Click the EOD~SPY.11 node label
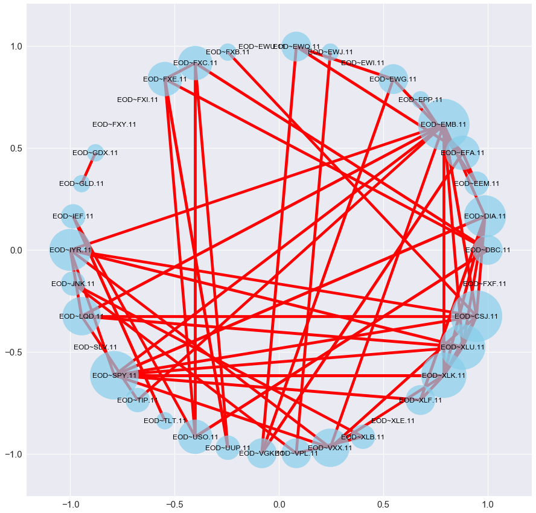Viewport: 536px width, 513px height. pyautogui.click(x=115, y=375)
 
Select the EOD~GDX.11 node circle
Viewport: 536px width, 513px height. pyautogui.click(x=95, y=152)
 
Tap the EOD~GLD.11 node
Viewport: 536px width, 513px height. pyautogui.click(x=81, y=183)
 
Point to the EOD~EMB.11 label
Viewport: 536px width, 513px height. pyautogui.click(x=444, y=125)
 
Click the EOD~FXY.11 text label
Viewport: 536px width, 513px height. pyautogui.click(x=114, y=125)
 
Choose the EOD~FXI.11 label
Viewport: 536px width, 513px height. pyautogui.click(x=137, y=100)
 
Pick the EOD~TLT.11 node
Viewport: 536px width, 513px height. pyautogui.click(x=165, y=421)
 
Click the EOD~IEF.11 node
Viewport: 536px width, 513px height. pyautogui.click(x=73, y=215)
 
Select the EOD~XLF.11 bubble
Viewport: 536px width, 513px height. pyautogui.click(x=421, y=400)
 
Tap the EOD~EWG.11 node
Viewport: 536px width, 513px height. pyautogui.click(x=393, y=79)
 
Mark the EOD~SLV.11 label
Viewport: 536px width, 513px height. pyautogui.click(x=95, y=348)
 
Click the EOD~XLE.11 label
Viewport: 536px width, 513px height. pyautogui.click(x=393, y=421)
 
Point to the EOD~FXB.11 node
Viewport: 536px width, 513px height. pyautogui.click(x=228, y=52)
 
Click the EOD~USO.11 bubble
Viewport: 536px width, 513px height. pyautogui.click(x=195, y=436)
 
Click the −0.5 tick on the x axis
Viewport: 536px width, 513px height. pyautogui.click(x=175, y=502)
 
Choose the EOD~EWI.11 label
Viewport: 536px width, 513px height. pyautogui.click(x=363, y=63)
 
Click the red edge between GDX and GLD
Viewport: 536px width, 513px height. pyautogui.click(x=88, y=168)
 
